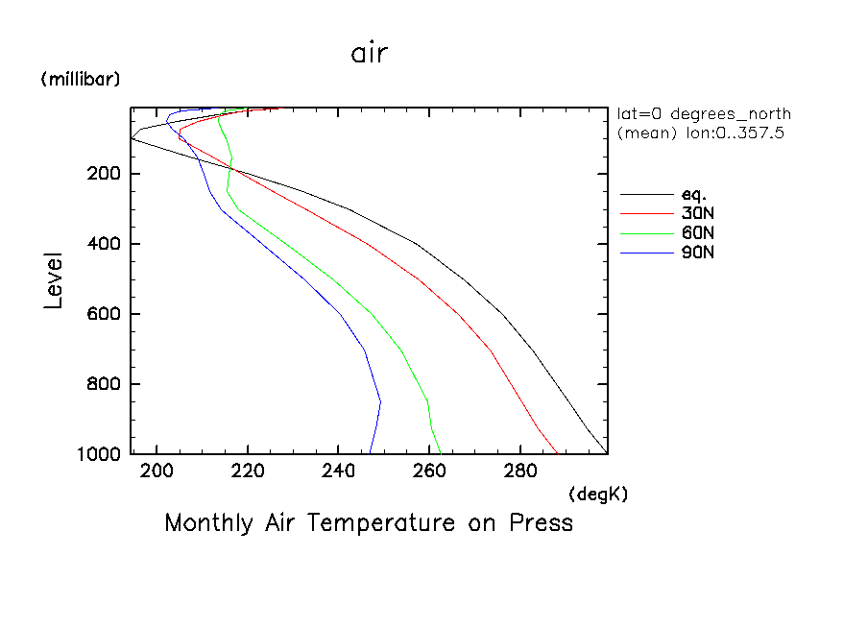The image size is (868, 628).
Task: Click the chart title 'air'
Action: click(x=370, y=54)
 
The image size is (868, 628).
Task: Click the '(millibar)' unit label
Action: click(x=81, y=80)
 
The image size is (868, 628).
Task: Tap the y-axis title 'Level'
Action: click(x=54, y=280)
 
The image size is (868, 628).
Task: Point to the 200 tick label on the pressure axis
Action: click(x=101, y=174)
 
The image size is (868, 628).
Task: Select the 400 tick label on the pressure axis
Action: click(x=101, y=244)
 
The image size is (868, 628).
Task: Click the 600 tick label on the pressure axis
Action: click(x=101, y=314)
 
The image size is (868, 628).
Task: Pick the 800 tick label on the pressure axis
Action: click(x=101, y=384)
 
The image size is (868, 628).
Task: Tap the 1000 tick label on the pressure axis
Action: click(x=96, y=453)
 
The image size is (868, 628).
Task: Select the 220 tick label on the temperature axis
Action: click(x=248, y=471)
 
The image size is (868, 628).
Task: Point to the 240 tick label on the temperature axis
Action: click(x=338, y=471)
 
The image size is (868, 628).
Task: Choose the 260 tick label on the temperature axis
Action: click(x=429, y=471)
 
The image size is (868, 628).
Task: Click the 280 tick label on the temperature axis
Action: click(x=519, y=471)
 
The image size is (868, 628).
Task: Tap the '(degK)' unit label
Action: click(x=598, y=494)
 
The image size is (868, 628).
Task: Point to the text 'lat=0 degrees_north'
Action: click(x=704, y=114)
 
